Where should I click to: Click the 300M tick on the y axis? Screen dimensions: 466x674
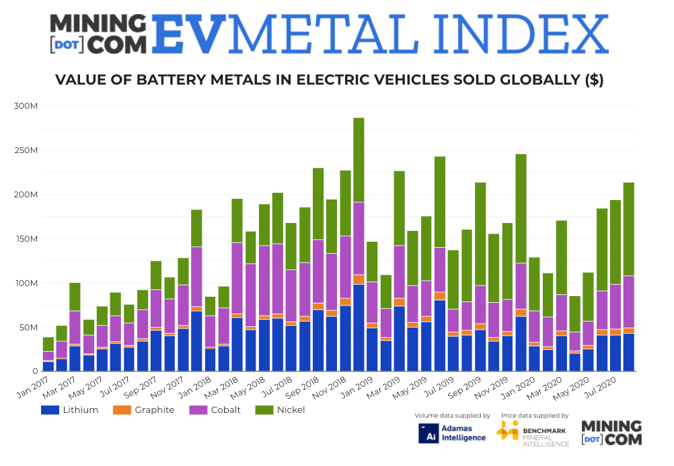coord(26,106)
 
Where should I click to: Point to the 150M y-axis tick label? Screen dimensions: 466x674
coord(26,239)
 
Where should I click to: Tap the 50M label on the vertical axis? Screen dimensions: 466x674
coord(28,328)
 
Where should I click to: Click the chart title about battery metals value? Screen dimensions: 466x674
coord(329,81)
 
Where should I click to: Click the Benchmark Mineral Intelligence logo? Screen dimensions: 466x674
coord(532,433)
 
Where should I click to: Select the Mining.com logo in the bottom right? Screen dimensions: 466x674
coord(611,433)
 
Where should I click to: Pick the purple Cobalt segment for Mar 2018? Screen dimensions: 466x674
coord(237,278)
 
